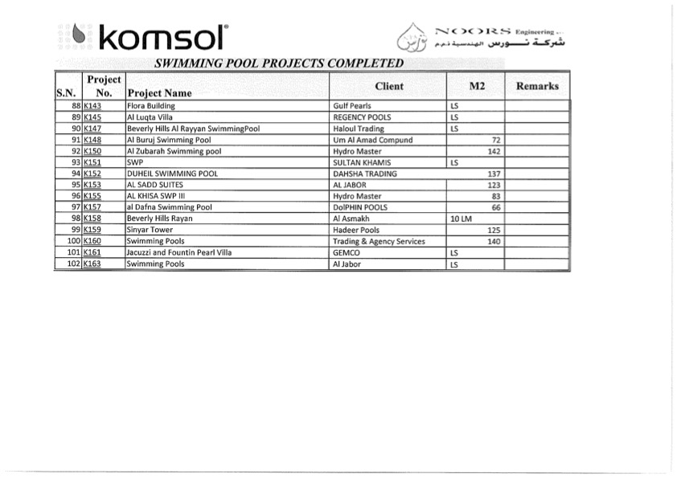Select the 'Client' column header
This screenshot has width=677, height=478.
click(389, 86)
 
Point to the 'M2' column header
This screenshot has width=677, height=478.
click(477, 86)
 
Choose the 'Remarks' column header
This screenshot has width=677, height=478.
click(537, 86)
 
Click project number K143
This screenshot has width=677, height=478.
click(92, 106)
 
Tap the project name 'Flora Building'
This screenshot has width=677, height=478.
click(150, 106)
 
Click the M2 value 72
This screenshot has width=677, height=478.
click(496, 140)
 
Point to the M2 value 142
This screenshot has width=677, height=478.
click(494, 151)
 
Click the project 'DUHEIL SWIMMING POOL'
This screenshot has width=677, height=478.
click(172, 174)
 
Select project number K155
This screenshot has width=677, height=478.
click(92, 196)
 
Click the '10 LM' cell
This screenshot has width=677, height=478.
click(460, 219)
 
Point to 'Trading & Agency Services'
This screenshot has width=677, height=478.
click(379, 241)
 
